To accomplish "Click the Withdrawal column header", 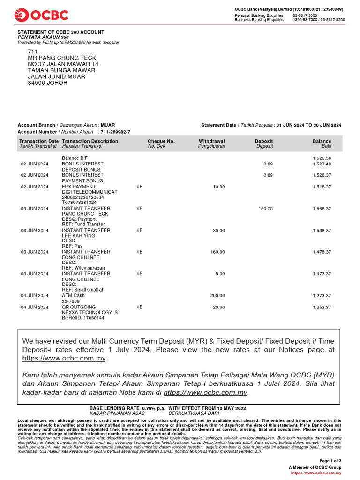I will click(211, 141).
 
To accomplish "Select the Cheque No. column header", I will click(161, 141).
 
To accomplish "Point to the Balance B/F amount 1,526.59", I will click(322, 158).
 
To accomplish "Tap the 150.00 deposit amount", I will click(265, 209).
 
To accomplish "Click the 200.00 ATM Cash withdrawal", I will click(217, 296).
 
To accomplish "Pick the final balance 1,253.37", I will click(322, 307).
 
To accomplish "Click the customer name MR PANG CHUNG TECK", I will click(62, 58).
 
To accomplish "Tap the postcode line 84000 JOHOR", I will click(47, 83).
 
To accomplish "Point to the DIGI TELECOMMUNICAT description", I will click(90, 192).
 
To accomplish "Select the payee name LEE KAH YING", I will click(78, 236).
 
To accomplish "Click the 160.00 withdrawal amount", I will click(217, 252).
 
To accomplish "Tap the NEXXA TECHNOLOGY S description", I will click(90, 313).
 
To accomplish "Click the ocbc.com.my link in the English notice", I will click(64, 359).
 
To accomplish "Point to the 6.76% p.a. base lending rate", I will click(154, 409).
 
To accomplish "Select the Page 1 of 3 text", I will click(330, 461).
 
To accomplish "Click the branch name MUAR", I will click(108, 125).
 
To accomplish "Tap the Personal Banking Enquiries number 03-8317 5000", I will click(305, 15).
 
